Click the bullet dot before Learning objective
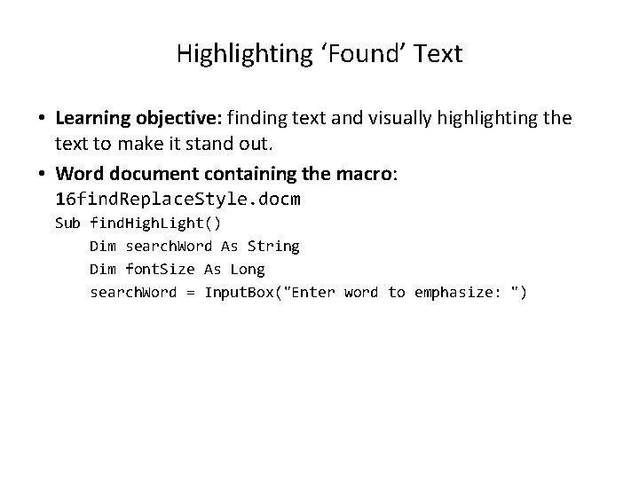42,119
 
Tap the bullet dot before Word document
42,176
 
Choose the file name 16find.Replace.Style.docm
177,199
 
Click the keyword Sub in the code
67,223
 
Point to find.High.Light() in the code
155,223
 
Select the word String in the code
273,246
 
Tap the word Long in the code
248,269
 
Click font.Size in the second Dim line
160,269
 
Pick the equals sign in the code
191,292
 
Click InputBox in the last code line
239,292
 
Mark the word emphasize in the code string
453,292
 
